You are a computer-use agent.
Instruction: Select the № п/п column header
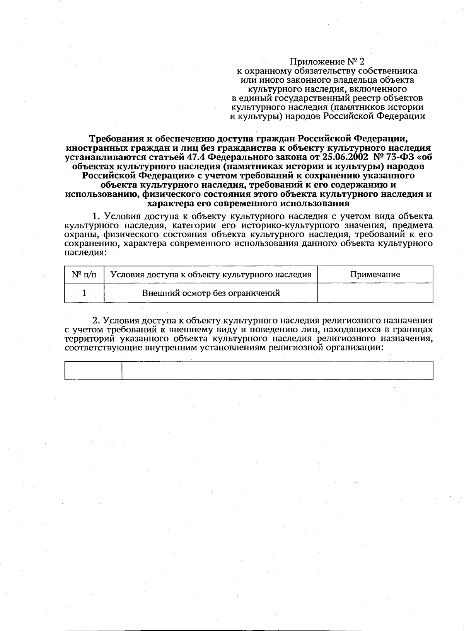(84, 275)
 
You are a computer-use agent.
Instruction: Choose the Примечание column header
(375, 275)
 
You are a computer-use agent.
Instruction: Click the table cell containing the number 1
(84, 293)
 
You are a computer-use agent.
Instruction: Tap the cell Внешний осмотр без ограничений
(211, 293)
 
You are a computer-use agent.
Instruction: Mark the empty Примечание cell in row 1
(375, 293)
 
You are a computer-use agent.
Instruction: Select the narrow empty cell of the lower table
(93, 371)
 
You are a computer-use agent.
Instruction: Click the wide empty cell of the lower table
(277, 371)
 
